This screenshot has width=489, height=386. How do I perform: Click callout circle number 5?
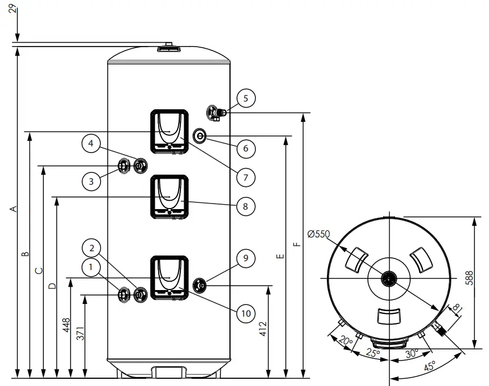click(x=245, y=98)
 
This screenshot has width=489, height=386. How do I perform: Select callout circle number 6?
click(x=245, y=148)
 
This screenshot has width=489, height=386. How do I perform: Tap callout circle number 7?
click(x=245, y=177)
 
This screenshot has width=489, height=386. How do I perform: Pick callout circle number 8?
click(x=245, y=206)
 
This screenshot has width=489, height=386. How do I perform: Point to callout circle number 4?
click(x=91, y=144)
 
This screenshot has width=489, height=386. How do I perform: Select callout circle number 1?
click(x=91, y=268)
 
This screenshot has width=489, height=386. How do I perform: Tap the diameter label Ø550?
click(x=319, y=234)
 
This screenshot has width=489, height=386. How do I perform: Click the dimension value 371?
click(x=80, y=333)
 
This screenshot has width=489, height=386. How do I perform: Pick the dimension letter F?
click(x=298, y=244)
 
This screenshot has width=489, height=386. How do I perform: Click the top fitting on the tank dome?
click(x=168, y=47)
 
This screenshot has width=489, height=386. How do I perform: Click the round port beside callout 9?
click(x=200, y=285)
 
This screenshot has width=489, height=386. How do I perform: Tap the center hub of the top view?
click(x=390, y=278)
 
